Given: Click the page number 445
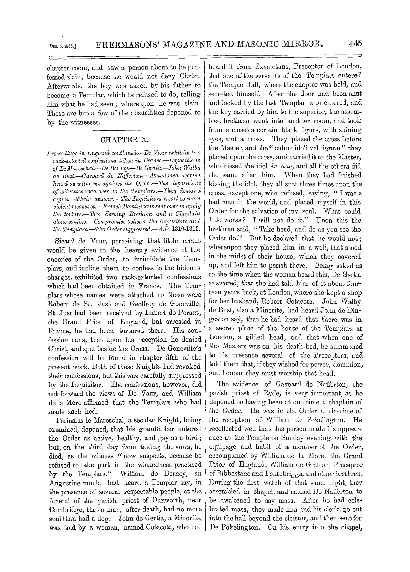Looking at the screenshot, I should pyautogui.click(x=355, y=43).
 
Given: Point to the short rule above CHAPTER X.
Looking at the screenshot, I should pyautogui.click(x=121, y=130).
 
